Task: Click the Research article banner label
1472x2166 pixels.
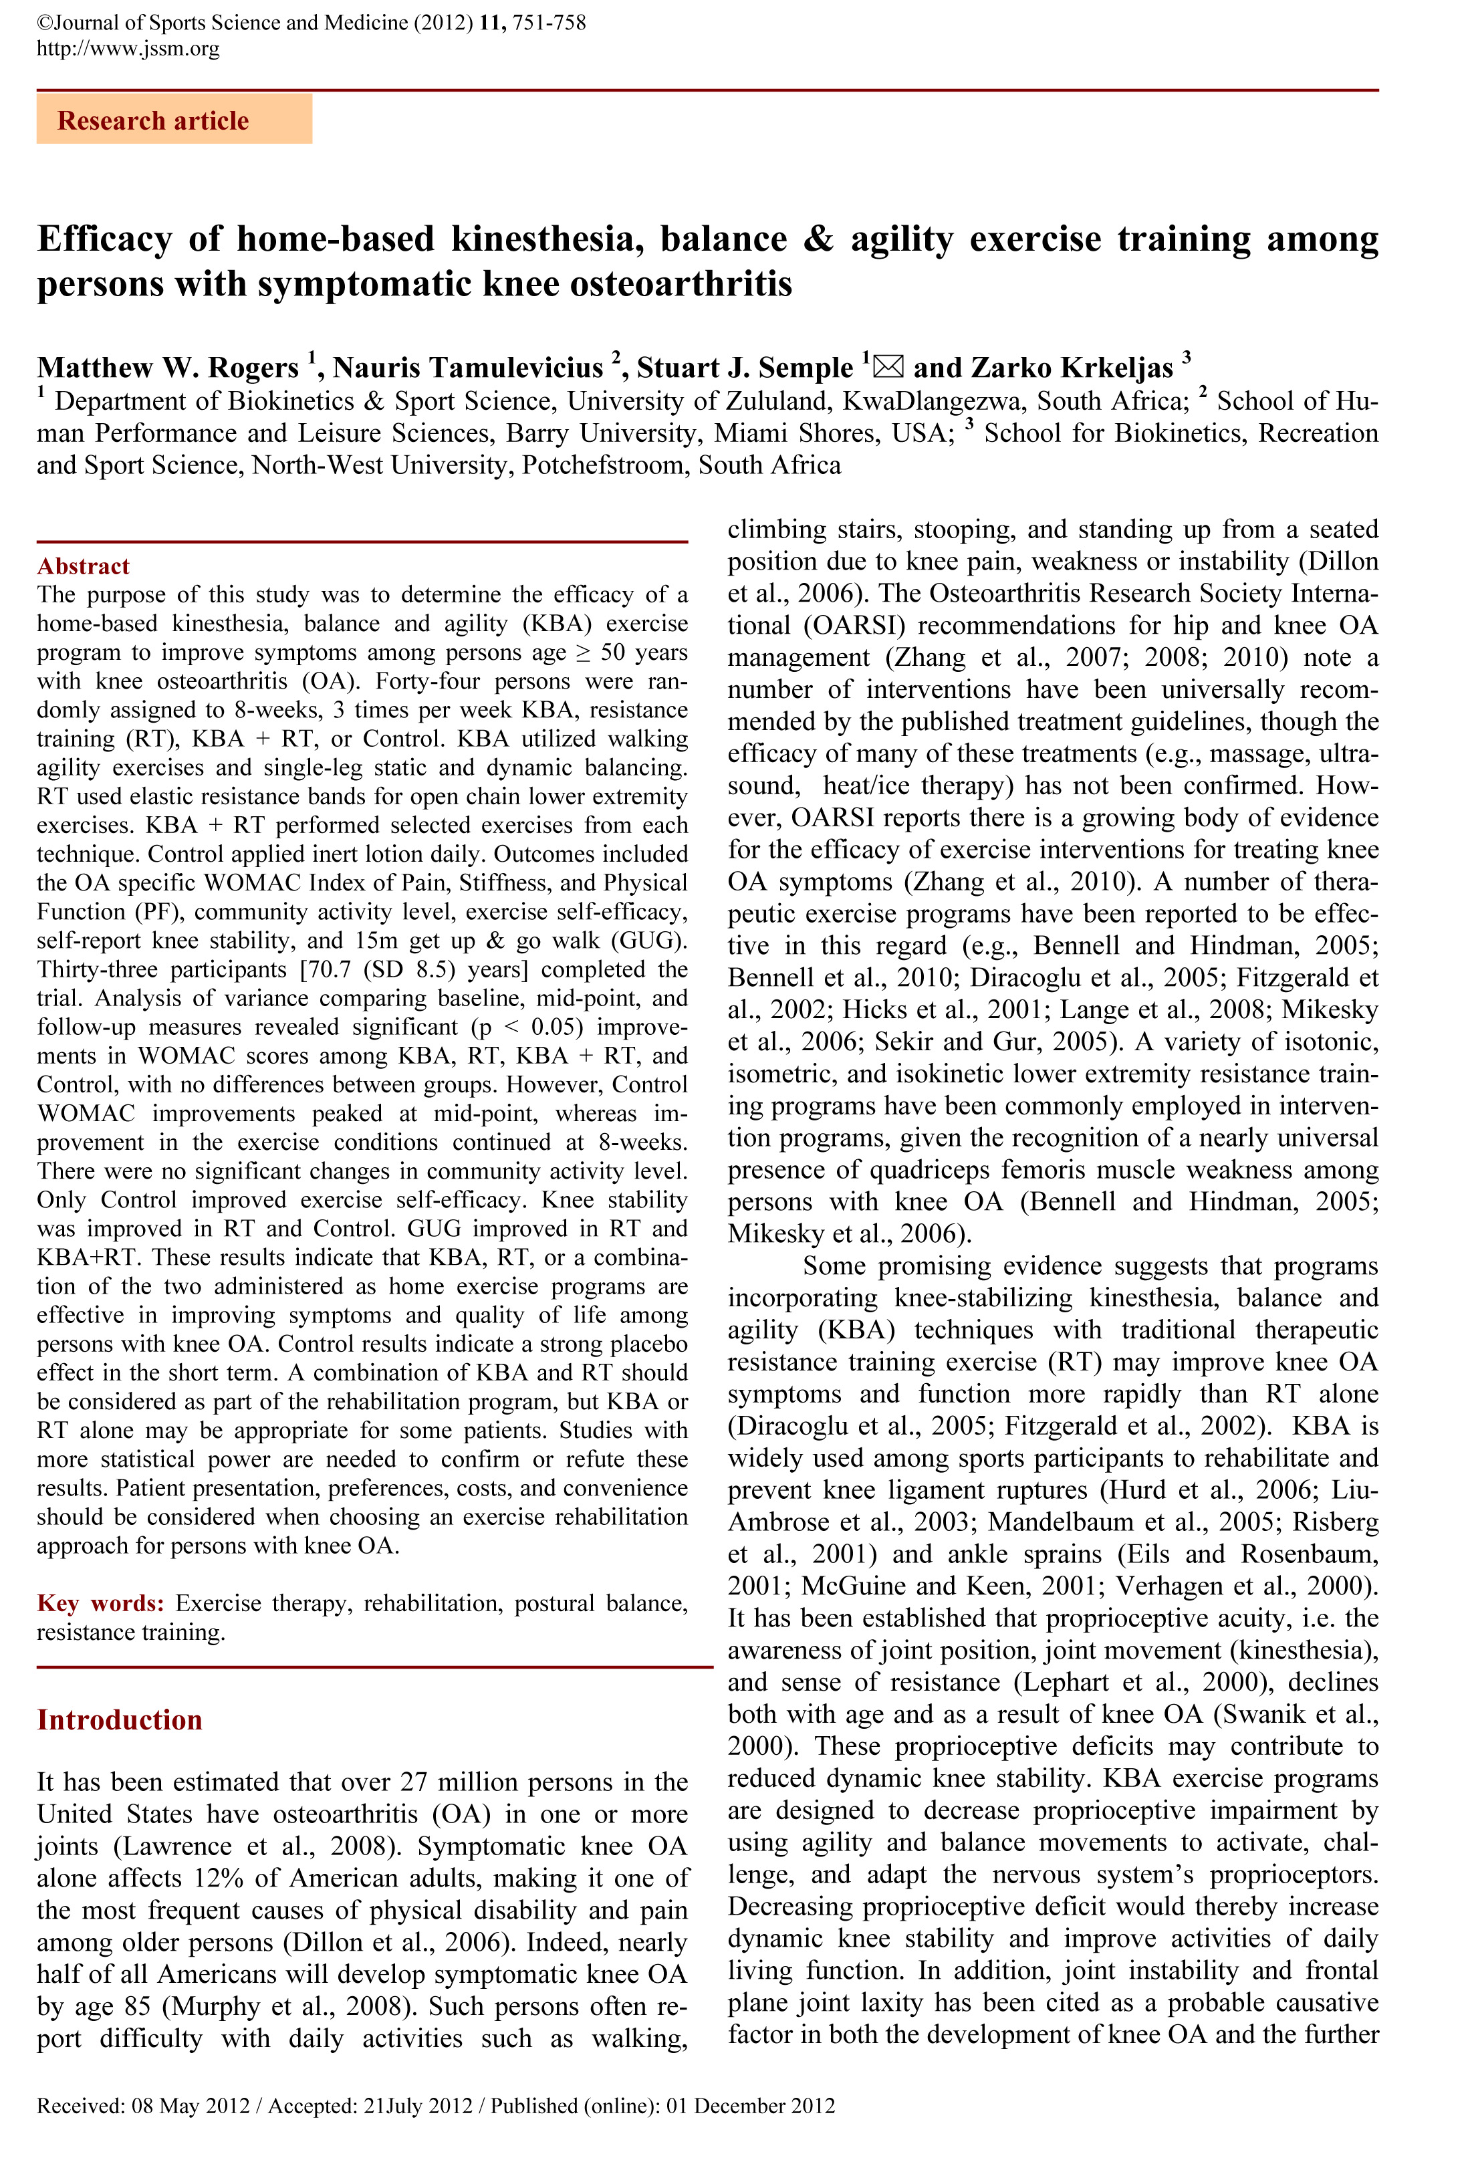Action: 153,120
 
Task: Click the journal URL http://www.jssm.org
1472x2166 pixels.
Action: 128,48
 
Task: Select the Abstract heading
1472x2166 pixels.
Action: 83,566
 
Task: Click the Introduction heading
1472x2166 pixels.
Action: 120,1719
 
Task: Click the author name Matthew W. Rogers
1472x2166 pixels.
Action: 168,367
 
